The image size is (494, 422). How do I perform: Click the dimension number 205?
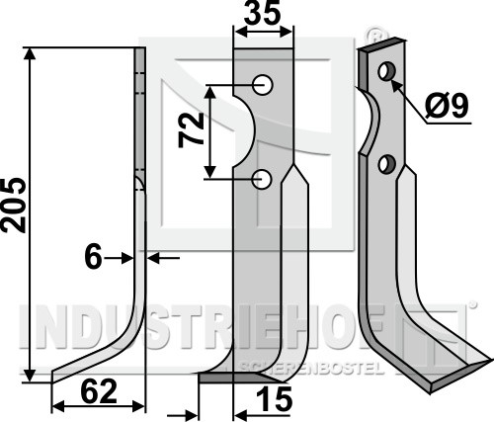pos(14,206)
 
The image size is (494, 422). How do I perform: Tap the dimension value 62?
pos(99,391)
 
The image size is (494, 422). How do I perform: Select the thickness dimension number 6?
pos(93,258)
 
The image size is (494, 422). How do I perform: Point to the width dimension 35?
pos(263,13)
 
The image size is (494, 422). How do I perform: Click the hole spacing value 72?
pos(191,130)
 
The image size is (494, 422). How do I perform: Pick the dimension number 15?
pos(274,399)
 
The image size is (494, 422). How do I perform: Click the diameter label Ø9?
pos(447,106)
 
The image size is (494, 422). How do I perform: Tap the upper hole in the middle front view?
pos(263,85)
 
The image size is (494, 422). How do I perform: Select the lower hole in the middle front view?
pos(262,179)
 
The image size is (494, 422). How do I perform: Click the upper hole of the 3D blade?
pos(386,71)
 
